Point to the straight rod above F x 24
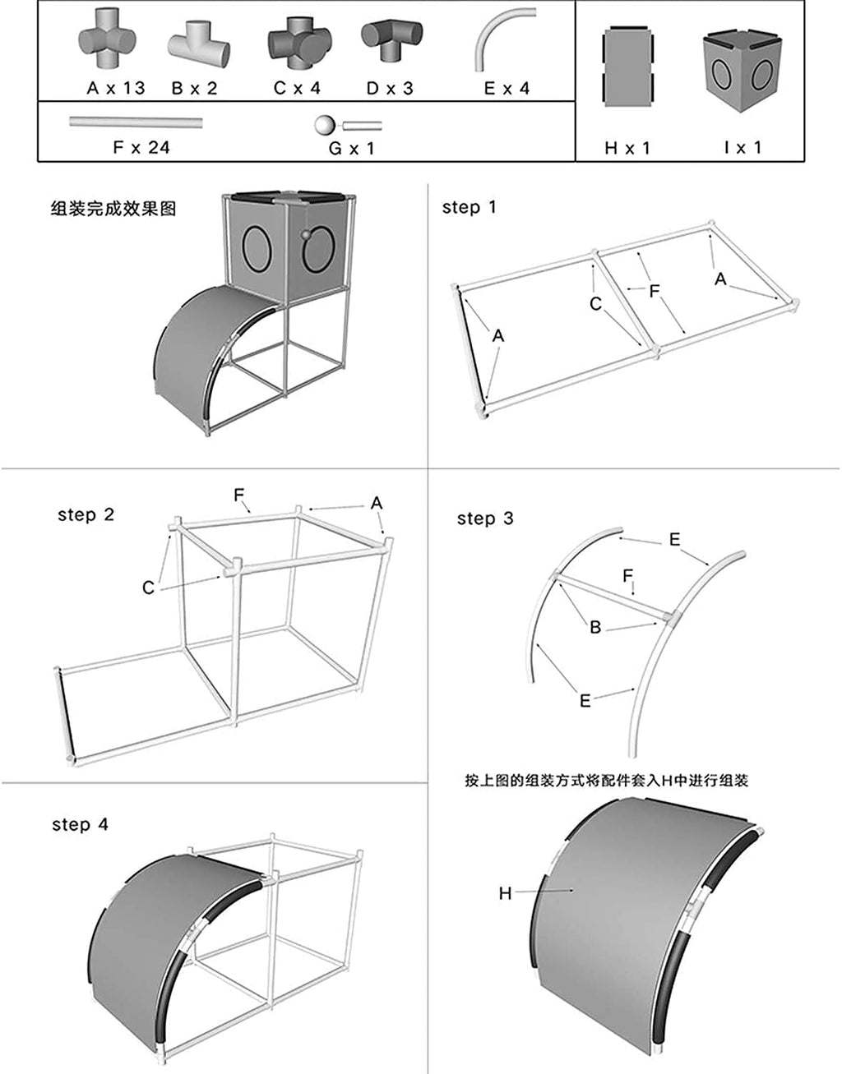click(x=136, y=122)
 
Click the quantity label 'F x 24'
click(x=141, y=149)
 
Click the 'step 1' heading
click(x=469, y=207)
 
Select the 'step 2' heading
click(x=86, y=515)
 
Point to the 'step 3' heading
click(x=485, y=519)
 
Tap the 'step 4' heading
click(x=80, y=824)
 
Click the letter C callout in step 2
click(x=148, y=588)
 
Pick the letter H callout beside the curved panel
click(x=506, y=892)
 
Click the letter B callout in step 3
click(x=595, y=627)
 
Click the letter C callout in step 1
click(x=595, y=304)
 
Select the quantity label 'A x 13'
click(x=116, y=89)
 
